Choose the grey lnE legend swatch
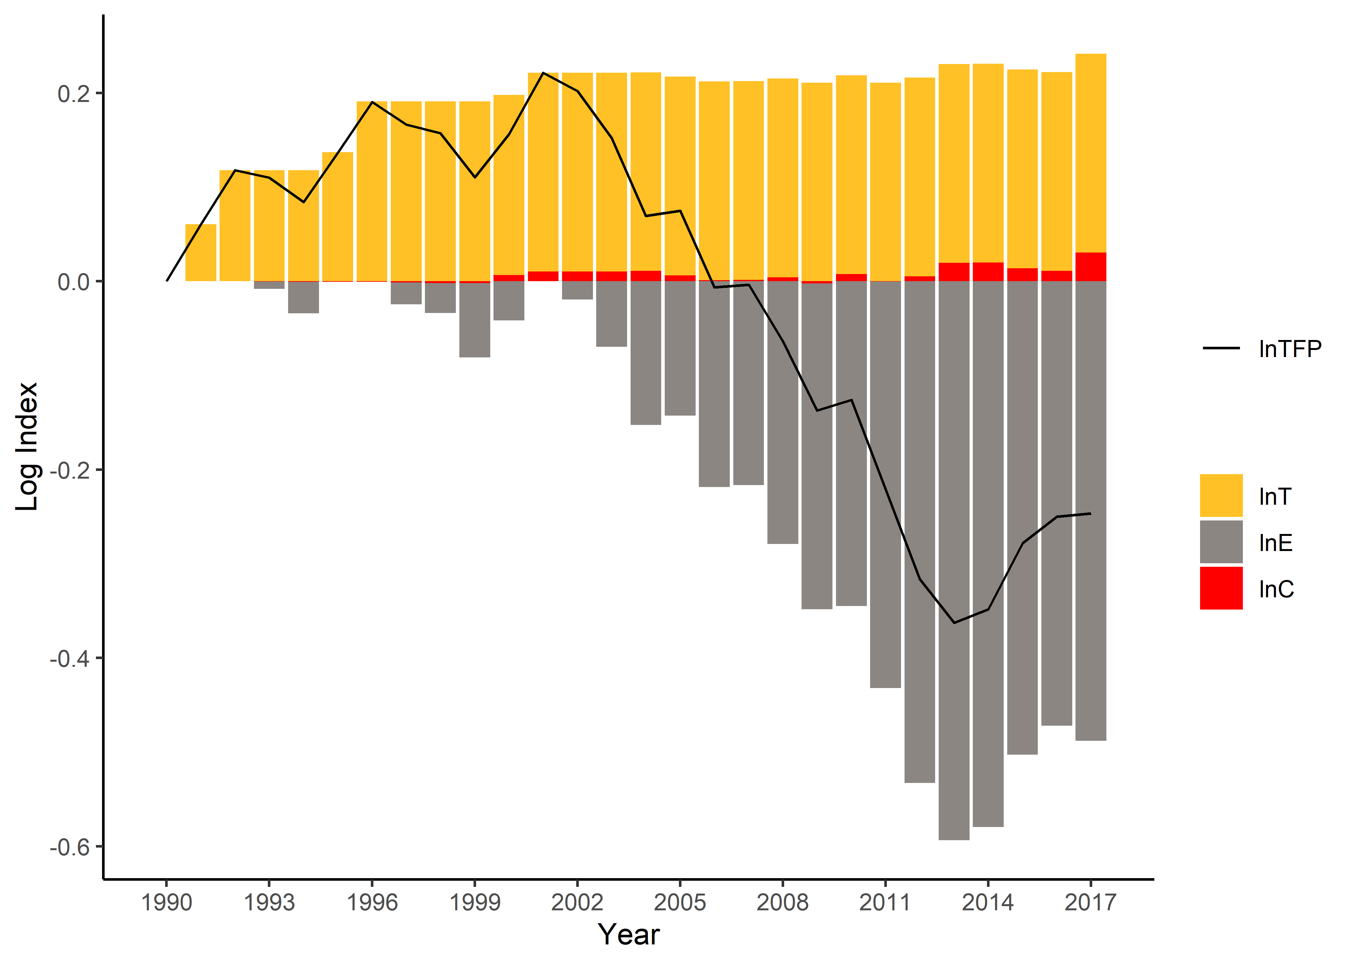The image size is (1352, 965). tap(1221, 542)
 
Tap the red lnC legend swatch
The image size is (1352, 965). tap(1221, 588)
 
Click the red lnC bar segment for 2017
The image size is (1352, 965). tap(1090, 267)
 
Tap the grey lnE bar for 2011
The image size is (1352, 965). tap(885, 484)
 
